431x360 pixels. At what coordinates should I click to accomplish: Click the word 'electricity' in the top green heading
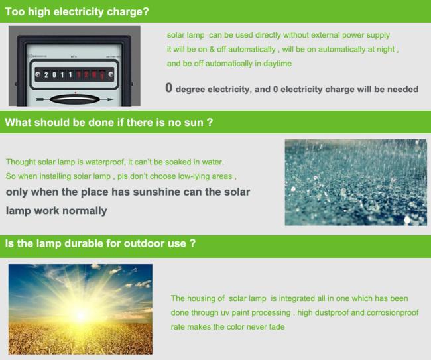[x=78, y=12]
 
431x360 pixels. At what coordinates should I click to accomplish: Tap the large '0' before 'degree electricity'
[x=169, y=88]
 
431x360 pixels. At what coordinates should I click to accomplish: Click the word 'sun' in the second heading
[x=194, y=123]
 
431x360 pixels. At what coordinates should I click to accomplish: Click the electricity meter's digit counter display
[x=74, y=74]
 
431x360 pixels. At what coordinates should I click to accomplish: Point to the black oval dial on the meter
[x=74, y=99]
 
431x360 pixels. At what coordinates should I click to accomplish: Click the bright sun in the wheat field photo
[x=80, y=315]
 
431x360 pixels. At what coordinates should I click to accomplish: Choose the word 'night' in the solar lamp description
[x=386, y=50]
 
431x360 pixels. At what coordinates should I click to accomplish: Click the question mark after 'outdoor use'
[x=192, y=243]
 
